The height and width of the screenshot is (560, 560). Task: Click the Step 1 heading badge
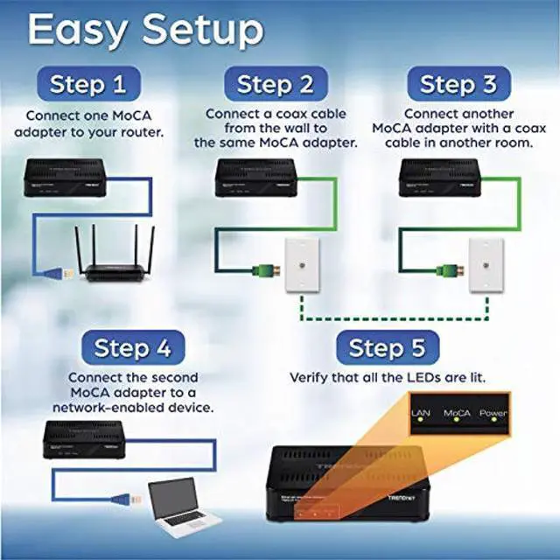(x=87, y=85)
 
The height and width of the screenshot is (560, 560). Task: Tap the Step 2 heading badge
(x=276, y=85)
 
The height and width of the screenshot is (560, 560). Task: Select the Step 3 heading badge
(x=458, y=85)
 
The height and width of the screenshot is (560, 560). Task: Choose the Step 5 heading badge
(x=387, y=348)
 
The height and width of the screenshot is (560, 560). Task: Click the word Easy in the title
(x=79, y=30)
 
